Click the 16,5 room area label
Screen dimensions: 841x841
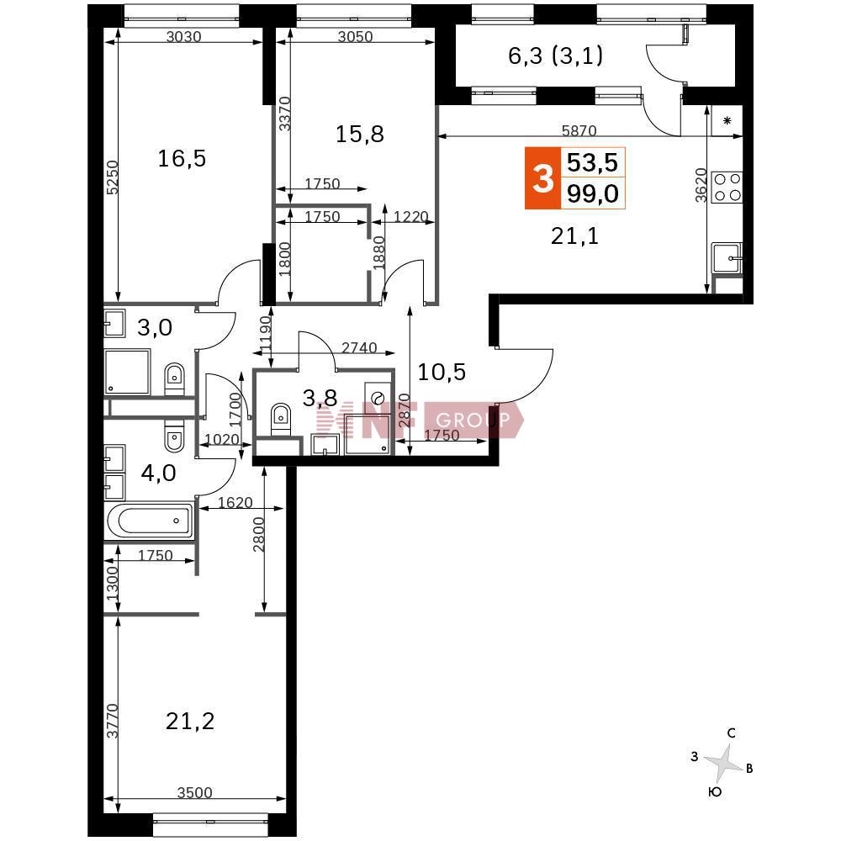182,159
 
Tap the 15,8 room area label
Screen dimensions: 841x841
360,134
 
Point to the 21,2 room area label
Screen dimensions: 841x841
190,722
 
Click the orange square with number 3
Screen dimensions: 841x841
542,177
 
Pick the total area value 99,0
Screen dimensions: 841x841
593,193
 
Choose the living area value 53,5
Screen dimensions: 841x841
593,162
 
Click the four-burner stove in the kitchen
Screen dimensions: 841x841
727,188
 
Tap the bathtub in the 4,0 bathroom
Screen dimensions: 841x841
150,521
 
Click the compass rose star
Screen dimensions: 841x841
723,762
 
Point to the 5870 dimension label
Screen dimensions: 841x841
579,130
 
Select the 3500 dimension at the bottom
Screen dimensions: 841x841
195,792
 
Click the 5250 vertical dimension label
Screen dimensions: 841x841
112,177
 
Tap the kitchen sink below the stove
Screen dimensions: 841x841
727,258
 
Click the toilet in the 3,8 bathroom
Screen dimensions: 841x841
281,419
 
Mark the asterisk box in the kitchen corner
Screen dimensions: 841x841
727,120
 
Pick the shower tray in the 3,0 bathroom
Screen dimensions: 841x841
127,372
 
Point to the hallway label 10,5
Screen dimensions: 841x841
442,372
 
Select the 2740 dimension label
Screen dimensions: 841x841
359,347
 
